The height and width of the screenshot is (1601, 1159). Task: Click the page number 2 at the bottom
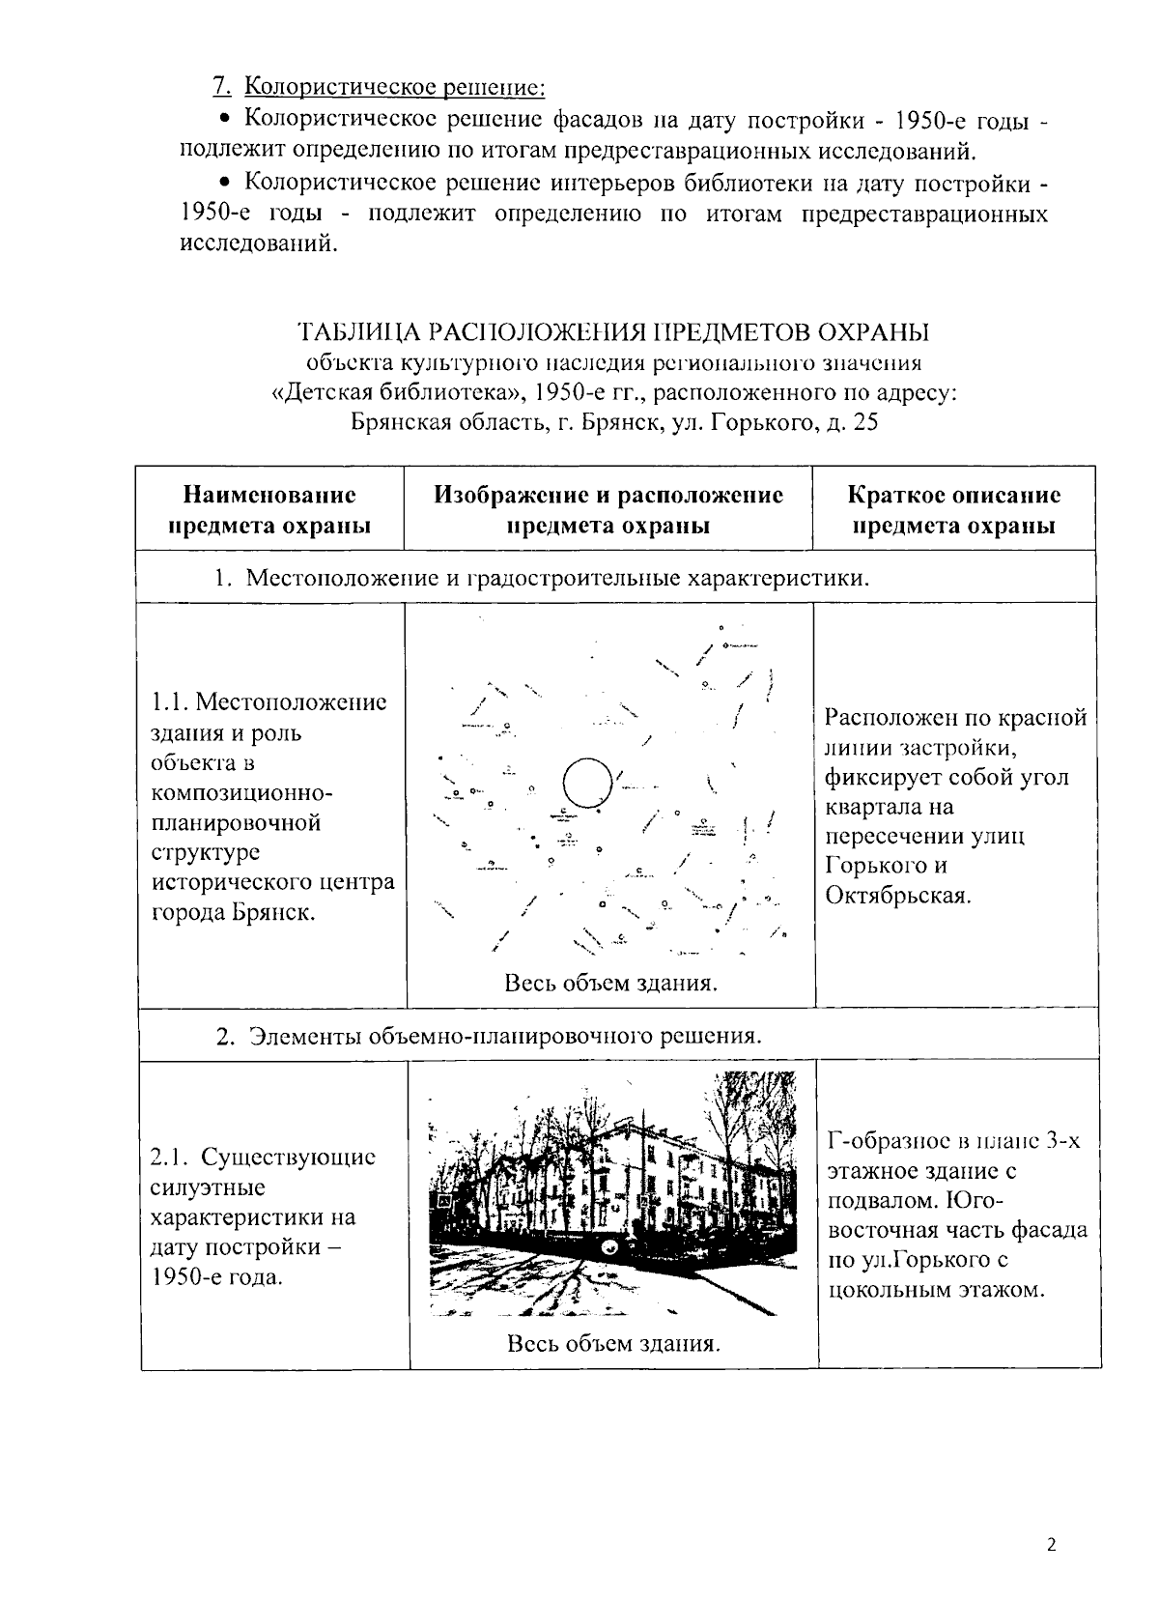(x=1052, y=1544)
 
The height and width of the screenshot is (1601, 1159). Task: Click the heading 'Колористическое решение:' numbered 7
(x=394, y=87)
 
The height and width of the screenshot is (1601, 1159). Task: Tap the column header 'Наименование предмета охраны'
(x=269, y=509)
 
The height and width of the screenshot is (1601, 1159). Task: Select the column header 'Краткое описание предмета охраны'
(x=953, y=509)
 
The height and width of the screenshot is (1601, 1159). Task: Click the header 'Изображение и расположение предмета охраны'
(x=608, y=509)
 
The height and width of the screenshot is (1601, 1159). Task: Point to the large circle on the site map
(x=587, y=783)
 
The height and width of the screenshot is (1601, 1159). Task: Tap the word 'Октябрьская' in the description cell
(x=897, y=895)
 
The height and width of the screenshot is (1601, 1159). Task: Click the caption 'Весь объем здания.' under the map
(x=610, y=983)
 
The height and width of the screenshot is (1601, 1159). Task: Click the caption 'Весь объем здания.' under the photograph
(x=613, y=1343)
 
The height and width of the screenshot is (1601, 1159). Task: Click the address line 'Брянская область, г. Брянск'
(x=613, y=423)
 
